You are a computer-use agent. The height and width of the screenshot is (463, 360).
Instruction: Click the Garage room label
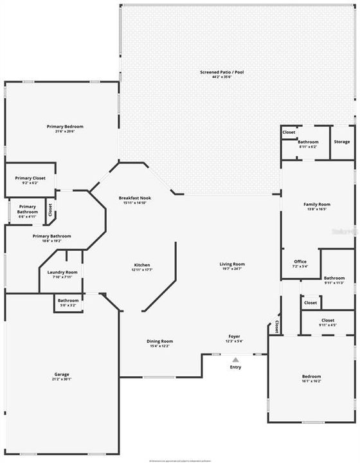pyautogui.click(x=62, y=374)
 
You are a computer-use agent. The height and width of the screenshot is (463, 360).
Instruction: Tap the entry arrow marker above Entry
pyautogui.click(x=235, y=360)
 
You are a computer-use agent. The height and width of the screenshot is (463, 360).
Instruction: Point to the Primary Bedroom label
pyautogui.click(x=65, y=127)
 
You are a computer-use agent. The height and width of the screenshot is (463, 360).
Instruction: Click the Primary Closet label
pyautogui.click(x=30, y=178)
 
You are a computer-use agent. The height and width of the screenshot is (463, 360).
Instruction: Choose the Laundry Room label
pyautogui.click(x=62, y=272)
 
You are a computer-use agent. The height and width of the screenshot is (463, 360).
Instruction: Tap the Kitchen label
pyautogui.click(x=142, y=265)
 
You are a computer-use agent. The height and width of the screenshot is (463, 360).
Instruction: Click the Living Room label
pyautogui.click(x=232, y=264)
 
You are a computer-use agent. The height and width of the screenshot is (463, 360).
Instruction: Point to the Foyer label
pyautogui.click(x=234, y=336)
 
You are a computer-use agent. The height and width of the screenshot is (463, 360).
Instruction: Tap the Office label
pyautogui.click(x=300, y=261)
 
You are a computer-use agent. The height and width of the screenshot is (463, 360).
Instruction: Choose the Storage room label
pyautogui.click(x=342, y=141)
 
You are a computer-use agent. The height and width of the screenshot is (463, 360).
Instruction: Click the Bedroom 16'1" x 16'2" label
pyautogui.click(x=311, y=376)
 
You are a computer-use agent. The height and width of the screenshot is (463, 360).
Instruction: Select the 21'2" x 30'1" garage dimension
pyautogui.click(x=62, y=379)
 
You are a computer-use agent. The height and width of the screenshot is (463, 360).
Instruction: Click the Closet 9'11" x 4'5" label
pyautogui.click(x=328, y=320)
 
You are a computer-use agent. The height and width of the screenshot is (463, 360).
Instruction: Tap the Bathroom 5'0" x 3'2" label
pyautogui.click(x=68, y=300)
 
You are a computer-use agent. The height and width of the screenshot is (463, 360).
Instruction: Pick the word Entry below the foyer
pyautogui.click(x=235, y=367)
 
